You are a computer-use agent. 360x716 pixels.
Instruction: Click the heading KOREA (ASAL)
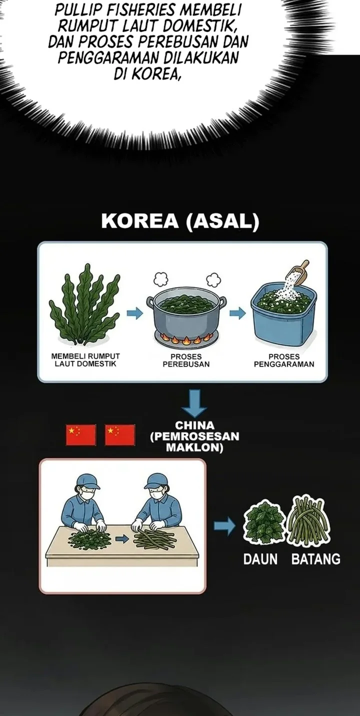tap(180, 221)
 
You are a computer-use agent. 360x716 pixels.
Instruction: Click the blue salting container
tap(283, 315)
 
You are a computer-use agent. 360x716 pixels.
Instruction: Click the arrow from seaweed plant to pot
tap(134, 313)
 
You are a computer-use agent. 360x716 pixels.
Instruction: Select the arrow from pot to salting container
tap(237, 313)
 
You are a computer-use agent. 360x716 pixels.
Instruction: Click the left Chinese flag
tap(81, 434)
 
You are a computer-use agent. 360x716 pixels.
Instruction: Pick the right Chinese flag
tap(120, 434)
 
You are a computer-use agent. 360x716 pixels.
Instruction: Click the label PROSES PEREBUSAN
tap(186, 360)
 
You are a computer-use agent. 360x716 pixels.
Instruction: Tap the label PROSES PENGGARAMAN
tap(284, 360)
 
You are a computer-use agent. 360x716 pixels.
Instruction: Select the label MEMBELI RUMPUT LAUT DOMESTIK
tap(85, 360)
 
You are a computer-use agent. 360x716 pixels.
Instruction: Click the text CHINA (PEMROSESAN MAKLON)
tap(194, 436)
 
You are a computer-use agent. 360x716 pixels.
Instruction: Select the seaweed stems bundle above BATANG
tap(308, 520)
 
